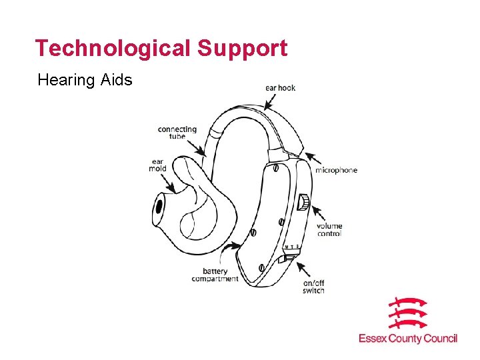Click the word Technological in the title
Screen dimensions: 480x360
(x=112, y=48)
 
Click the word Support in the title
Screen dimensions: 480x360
(x=243, y=48)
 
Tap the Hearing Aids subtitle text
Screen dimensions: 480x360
(x=85, y=81)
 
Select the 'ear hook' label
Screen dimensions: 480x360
(x=280, y=87)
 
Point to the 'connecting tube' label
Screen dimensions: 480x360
(x=177, y=132)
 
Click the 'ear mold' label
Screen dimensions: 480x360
(x=157, y=165)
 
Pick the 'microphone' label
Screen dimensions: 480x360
(x=337, y=170)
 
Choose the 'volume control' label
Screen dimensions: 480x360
(x=329, y=230)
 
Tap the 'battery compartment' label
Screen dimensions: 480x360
(x=215, y=275)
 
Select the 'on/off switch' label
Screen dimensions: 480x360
(x=313, y=287)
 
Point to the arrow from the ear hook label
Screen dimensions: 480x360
(x=272, y=99)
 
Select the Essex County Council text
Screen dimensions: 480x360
(x=407, y=339)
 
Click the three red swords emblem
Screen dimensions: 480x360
(x=407, y=313)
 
